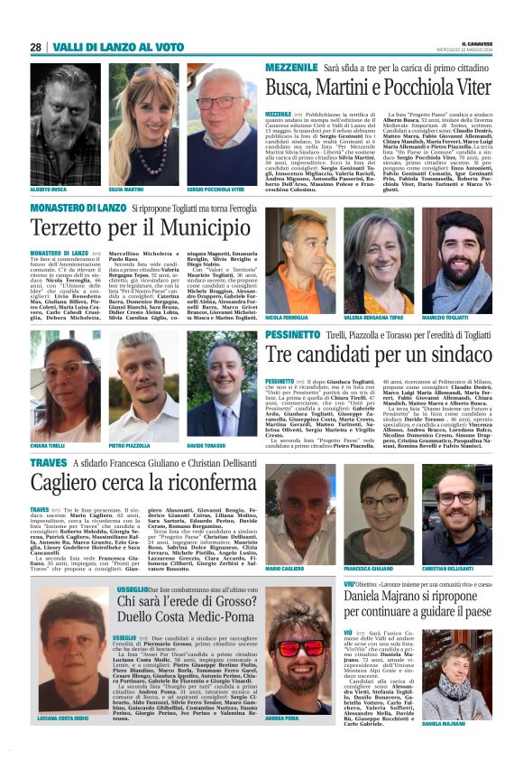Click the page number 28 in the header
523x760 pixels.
pos(35,47)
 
